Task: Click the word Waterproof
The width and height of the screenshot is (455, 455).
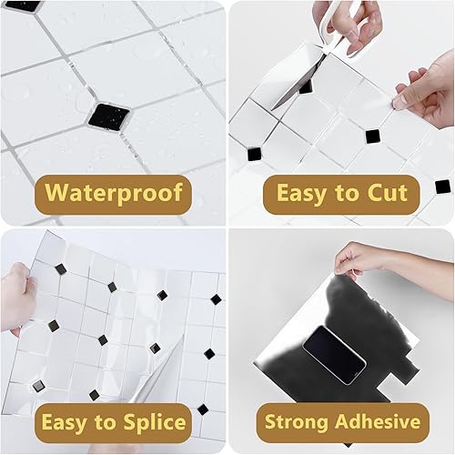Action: [114, 193]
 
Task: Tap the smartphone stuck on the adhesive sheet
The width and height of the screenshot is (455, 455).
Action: [334, 349]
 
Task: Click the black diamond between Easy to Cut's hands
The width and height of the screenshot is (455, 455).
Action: [371, 136]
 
